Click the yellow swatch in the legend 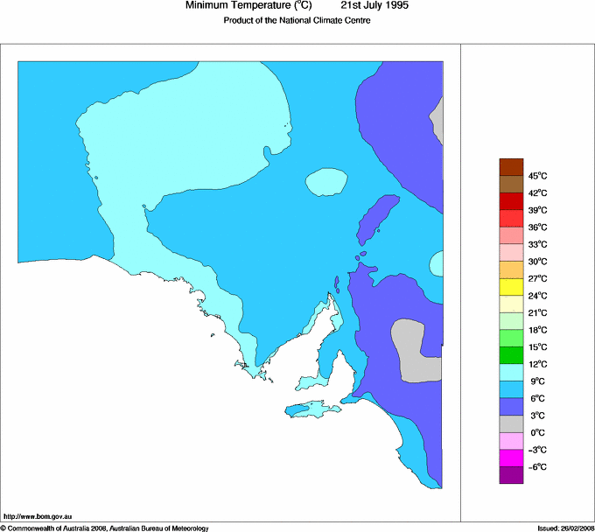(511, 286)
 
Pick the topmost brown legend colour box (511, 166)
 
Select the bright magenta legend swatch (511, 457)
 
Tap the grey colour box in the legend (511, 423)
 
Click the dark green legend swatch (511, 354)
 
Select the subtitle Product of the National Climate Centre (297, 21)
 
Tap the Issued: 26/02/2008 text (559, 528)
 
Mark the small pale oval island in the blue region (326, 182)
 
